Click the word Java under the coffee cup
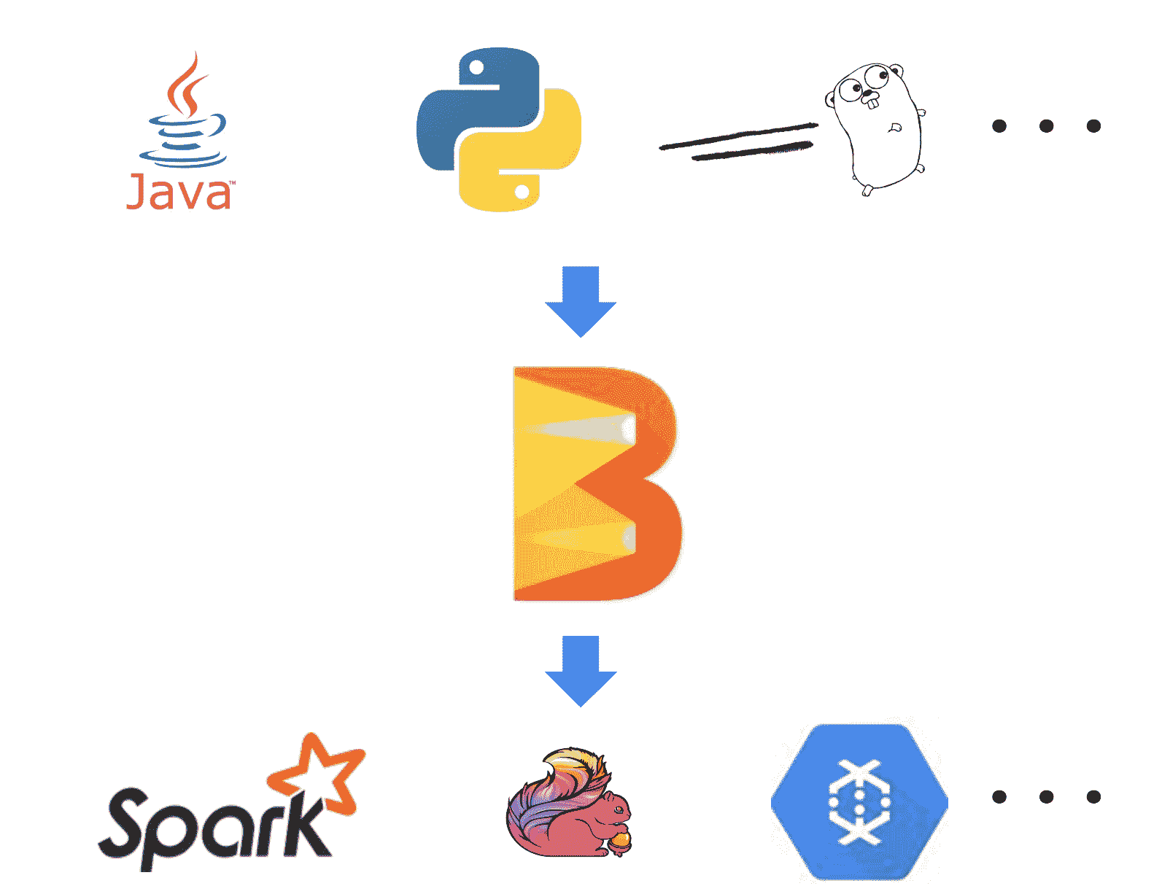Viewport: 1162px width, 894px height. click(x=179, y=193)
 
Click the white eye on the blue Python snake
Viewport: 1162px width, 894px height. click(x=476, y=68)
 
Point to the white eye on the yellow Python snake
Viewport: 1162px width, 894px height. click(x=522, y=192)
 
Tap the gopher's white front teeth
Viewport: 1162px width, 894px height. click(x=872, y=101)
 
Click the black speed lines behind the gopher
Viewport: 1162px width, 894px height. click(x=737, y=142)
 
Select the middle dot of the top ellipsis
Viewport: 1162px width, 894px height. click(x=1046, y=126)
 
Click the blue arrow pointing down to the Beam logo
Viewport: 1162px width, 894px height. click(x=581, y=300)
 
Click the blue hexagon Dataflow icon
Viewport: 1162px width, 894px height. click(x=859, y=802)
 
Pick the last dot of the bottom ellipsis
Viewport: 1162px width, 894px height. click(x=1093, y=796)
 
